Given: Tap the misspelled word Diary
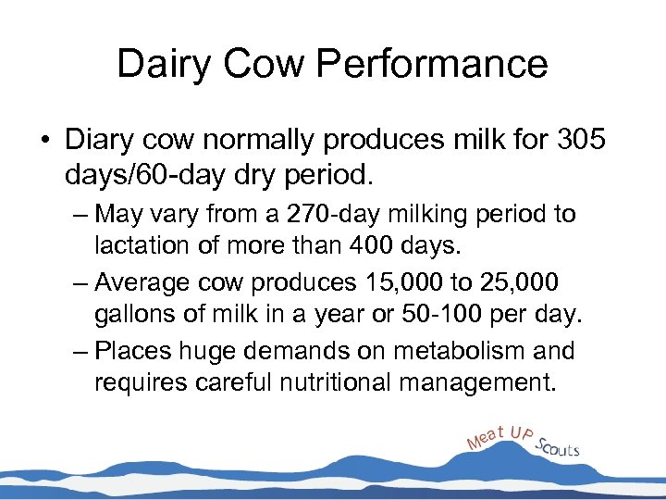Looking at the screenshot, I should [99, 140].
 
